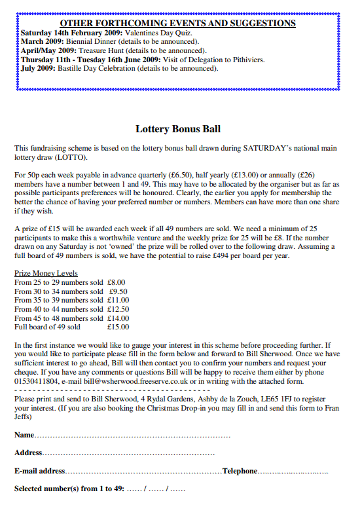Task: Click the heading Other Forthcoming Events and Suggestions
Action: (178, 23)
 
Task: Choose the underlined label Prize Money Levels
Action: (46, 273)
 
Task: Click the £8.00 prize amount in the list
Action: (117, 282)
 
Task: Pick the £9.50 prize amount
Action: (118, 291)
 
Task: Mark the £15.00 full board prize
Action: (118, 327)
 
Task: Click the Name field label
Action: (24, 435)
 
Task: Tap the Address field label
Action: (28, 453)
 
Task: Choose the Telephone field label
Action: (240, 471)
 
